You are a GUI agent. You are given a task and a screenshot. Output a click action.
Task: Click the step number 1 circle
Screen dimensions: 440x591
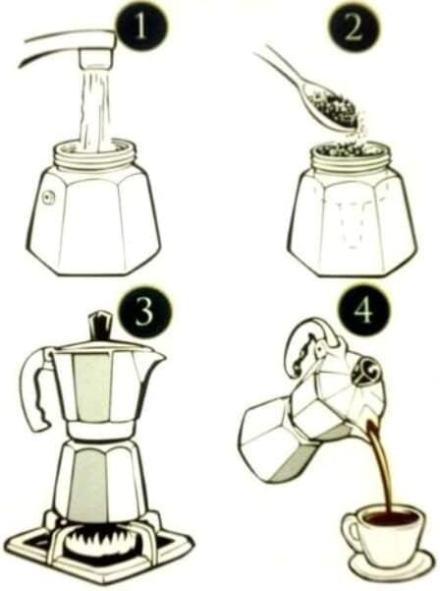click(139, 30)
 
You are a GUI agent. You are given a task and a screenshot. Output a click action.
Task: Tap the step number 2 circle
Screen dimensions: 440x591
click(353, 30)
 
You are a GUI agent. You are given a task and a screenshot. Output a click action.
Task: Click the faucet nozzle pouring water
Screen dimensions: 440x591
click(95, 57)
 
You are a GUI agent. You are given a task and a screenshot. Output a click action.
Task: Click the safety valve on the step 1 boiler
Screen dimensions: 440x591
click(48, 196)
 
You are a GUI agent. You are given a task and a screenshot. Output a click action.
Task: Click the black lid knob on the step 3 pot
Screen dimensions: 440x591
click(101, 325)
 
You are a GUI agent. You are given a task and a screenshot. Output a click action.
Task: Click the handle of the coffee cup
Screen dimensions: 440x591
click(347, 531)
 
